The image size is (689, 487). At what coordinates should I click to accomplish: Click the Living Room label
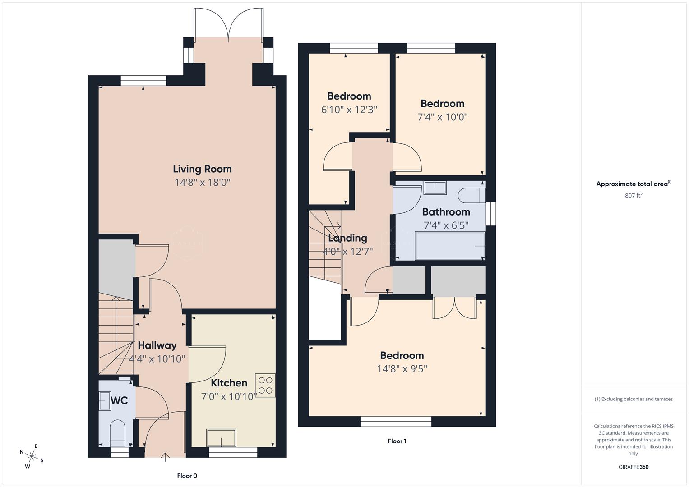(x=202, y=169)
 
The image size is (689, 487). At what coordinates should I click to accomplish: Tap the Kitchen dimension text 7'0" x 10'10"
(x=229, y=396)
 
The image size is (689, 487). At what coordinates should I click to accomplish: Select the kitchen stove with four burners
(x=265, y=386)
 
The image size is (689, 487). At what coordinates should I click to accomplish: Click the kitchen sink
(x=221, y=438)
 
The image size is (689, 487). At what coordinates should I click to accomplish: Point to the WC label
(x=119, y=400)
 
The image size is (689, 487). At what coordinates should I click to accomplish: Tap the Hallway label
(x=157, y=345)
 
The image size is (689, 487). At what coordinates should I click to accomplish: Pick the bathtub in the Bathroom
(x=450, y=246)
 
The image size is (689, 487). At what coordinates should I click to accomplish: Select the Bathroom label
(x=446, y=212)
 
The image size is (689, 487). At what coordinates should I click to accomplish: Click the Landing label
(x=347, y=238)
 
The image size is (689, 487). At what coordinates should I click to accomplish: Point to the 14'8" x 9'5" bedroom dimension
(x=402, y=369)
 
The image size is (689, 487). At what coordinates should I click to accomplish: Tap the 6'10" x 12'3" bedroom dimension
(x=349, y=110)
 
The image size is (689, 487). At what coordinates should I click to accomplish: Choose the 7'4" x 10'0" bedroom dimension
(x=442, y=117)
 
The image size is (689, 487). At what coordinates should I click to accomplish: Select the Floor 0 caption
(x=187, y=476)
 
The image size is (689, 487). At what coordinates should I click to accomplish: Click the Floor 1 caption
(x=397, y=441)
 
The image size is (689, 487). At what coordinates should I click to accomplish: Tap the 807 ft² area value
(x=634, y=196)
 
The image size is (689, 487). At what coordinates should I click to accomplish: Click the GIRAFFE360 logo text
(x=634, y=467)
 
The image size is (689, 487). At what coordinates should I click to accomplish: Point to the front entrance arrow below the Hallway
(x=165, y=456)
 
